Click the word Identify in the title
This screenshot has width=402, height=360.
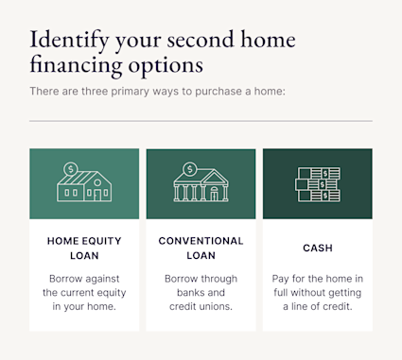tap(69, 41)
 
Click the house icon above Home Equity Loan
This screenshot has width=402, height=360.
tap(83, 188)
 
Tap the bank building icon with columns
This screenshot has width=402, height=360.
tap(201, 189)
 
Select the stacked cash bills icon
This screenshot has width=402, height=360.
tap(317, 185)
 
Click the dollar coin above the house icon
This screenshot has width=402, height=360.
tap(70, 169)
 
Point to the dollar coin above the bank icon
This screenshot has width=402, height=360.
tap(189, 169)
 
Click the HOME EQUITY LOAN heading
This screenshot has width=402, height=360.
tap(83, 248)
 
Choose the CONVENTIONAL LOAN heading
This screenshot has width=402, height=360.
tap(201, 248)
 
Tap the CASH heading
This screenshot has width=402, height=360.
tap(317, 248)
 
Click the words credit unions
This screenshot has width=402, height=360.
tap(201, 307)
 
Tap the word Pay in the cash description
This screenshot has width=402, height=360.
tap(282, 279)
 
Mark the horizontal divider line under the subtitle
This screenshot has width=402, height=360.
tap(201, 121)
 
